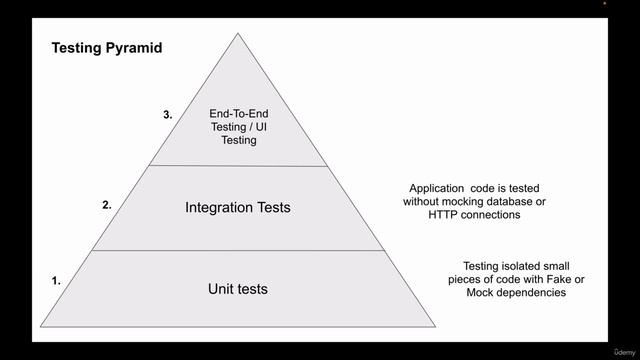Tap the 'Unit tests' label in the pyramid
[238, 289]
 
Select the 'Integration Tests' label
[238, 208]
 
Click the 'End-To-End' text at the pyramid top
[238, 114]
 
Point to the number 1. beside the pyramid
[56, 281]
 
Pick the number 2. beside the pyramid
[107, 204]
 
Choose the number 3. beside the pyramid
[168, 114]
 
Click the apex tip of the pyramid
[238, 34]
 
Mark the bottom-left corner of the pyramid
[41, 327]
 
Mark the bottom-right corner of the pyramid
[435, 327]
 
